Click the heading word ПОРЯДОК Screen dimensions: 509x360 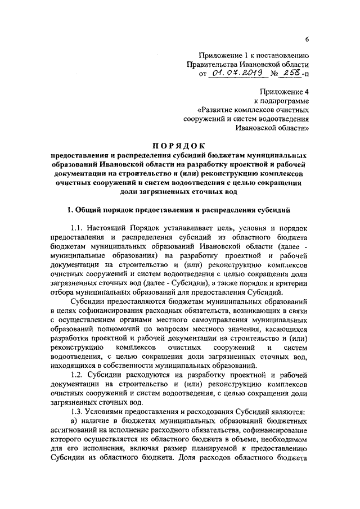click(x=180, y=146)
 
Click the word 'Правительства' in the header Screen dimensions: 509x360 click(x=211, y=64)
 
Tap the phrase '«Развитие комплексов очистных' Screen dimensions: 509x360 click(x=254, y=109)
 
